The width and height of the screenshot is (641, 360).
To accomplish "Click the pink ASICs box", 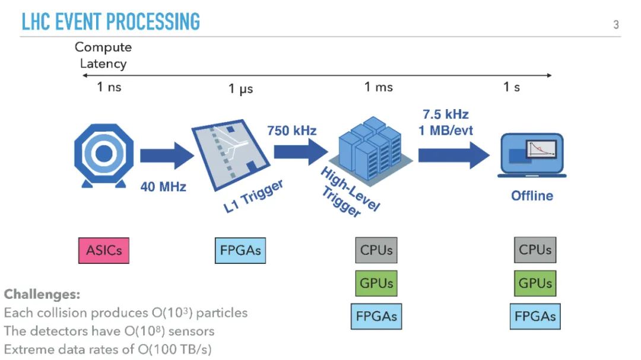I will [103, 250].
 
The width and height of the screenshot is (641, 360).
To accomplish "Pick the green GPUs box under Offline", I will [535, 283].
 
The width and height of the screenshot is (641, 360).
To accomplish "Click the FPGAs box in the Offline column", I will [535, 316].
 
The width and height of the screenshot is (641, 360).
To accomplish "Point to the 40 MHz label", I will [163, 187].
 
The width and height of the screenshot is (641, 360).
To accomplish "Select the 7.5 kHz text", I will [446, 114].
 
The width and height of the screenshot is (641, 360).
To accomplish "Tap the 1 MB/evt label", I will [446, 130].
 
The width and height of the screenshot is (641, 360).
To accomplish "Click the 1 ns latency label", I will [109, 87].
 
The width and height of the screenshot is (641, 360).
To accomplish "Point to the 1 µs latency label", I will [241, 89].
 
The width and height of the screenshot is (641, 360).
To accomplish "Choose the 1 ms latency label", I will [379, 87].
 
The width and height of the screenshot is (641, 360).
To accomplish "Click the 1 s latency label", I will [512, 87].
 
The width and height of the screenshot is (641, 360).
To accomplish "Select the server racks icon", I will [367, 148].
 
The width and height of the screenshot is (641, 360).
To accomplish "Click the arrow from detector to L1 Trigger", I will [166, 155].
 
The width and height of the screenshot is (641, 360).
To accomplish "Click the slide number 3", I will [615, 25].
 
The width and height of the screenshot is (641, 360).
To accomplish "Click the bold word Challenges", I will [42, 294].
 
